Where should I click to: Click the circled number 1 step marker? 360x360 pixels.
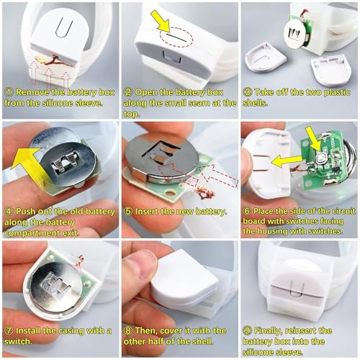tap(9, 92)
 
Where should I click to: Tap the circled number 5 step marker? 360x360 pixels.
tap(128, 212)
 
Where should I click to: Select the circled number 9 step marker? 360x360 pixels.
tap(247, 331)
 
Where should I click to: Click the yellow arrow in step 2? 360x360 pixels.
tap(161, 21)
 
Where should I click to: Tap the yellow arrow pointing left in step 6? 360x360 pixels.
tap(287, 161)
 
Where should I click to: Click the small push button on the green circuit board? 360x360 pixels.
tap(320, 158)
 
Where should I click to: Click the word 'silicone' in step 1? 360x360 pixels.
tap(58, 103)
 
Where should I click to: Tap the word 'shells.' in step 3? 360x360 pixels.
tap(255, 103)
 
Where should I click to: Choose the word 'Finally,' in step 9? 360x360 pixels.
tap(268, 331)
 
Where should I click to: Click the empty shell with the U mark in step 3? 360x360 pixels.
tap(265, 57)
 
